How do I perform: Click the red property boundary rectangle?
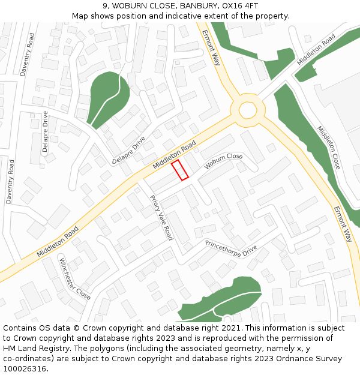(x=180, y=170)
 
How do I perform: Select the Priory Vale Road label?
(x=161, y=217)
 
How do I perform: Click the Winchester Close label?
(x=75, y=279)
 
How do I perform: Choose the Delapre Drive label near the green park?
(x=128, y=151)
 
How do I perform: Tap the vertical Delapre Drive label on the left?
(x=46, y=132)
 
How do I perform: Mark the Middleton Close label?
(x=329, y=148)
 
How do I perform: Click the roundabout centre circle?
(x=248, y=110)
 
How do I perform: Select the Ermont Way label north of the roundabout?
(x=211, y=47)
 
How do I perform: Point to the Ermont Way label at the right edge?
(x=342, y=224)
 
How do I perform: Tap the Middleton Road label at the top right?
(x=316, y=50)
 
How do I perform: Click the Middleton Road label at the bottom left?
(x=58, y=241)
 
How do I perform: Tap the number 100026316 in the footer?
(x=24, y=368)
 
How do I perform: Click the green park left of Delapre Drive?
(x=107, y=96)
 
